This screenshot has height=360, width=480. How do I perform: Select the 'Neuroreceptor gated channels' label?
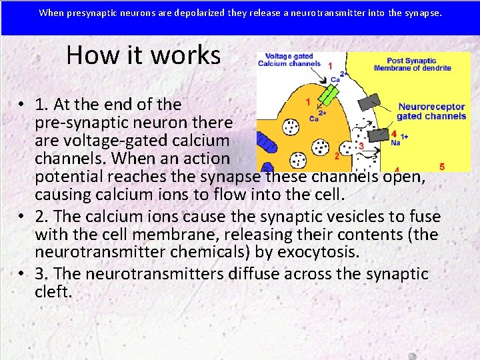coord(431,111)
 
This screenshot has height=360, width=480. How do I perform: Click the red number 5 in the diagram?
coord(442,165)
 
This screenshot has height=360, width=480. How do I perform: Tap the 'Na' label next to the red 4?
coord(395,142)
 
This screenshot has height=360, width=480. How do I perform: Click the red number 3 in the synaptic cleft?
coord(361,145)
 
